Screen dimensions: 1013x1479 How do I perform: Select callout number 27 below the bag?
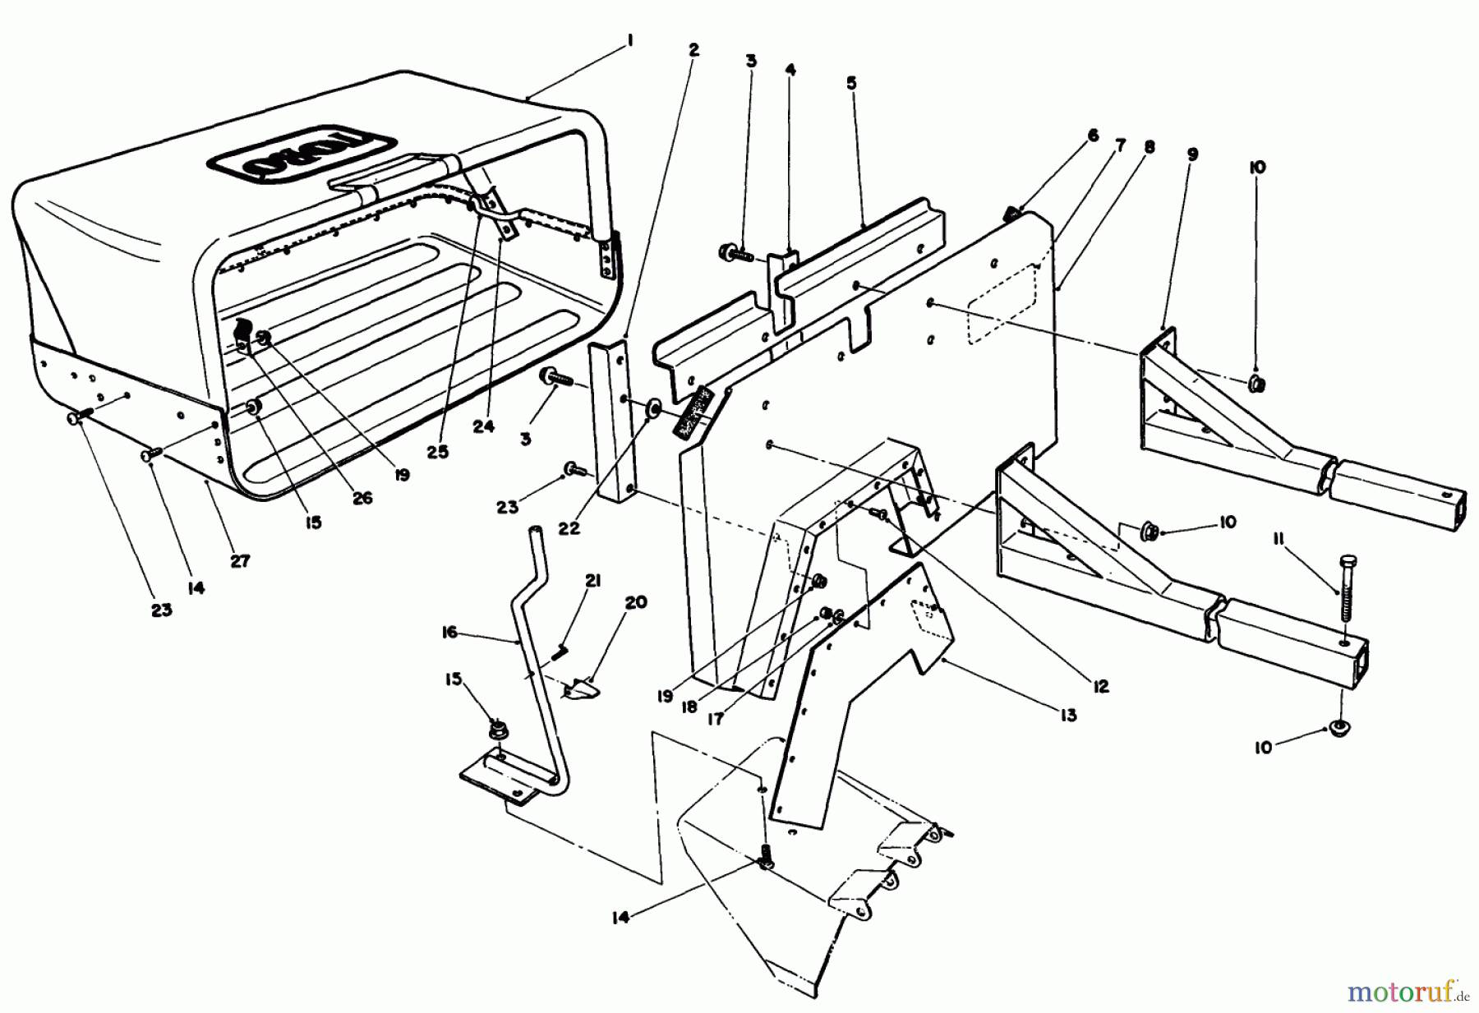pyautogui.click(x=240, y=562)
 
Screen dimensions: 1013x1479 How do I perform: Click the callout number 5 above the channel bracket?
pyautogui.click(x=851, y=83)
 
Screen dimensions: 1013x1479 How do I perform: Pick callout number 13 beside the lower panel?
pyautogui.click(x=1067, y=716)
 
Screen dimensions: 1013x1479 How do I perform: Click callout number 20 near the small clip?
pyautogui.click(x=636, y=602)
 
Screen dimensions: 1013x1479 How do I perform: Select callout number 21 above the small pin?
pyautogui.click(x=592, y=582)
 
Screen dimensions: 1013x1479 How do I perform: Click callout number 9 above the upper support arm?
pyautogui.click(x=1192, y=154)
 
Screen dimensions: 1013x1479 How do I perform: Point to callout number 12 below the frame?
pyautogui.click(x=1100, y=686)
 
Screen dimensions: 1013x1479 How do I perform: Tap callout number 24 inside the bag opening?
pyautogui.click(x=484, y=427)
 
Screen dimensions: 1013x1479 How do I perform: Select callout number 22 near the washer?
pyautogui.click(x=569, y=528)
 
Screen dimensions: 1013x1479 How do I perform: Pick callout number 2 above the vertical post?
pyautogui.click(x=693, y=50)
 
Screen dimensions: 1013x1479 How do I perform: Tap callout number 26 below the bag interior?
pyautogui.click(x=362, y=498)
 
